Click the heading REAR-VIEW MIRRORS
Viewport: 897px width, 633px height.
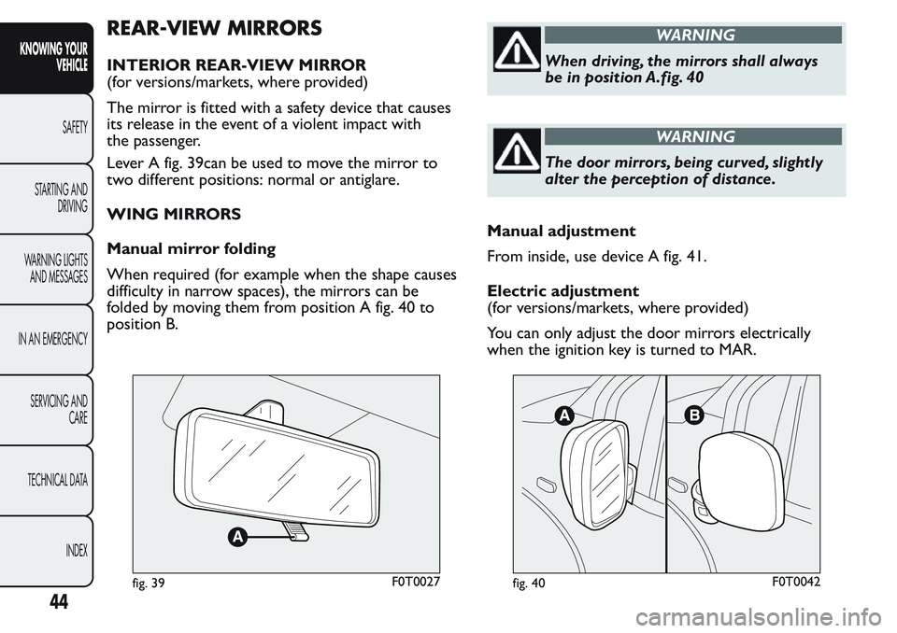(215, 27)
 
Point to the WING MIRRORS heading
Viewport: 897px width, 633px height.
(174, 215)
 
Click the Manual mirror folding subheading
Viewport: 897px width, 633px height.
(191, 249)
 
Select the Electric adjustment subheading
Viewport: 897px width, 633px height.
(562, 290)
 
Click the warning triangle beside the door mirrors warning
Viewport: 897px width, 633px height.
(517, 150)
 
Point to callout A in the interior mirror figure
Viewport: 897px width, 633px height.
(236, 537)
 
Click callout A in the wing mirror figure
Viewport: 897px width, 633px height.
(563, 415)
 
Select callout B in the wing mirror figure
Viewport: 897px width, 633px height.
(694, 415)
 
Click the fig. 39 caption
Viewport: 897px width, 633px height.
(149, 583)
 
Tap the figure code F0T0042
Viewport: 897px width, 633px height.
(796, 582)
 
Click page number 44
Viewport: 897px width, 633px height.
(59, 601)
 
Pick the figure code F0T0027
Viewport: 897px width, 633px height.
(416, 582)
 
